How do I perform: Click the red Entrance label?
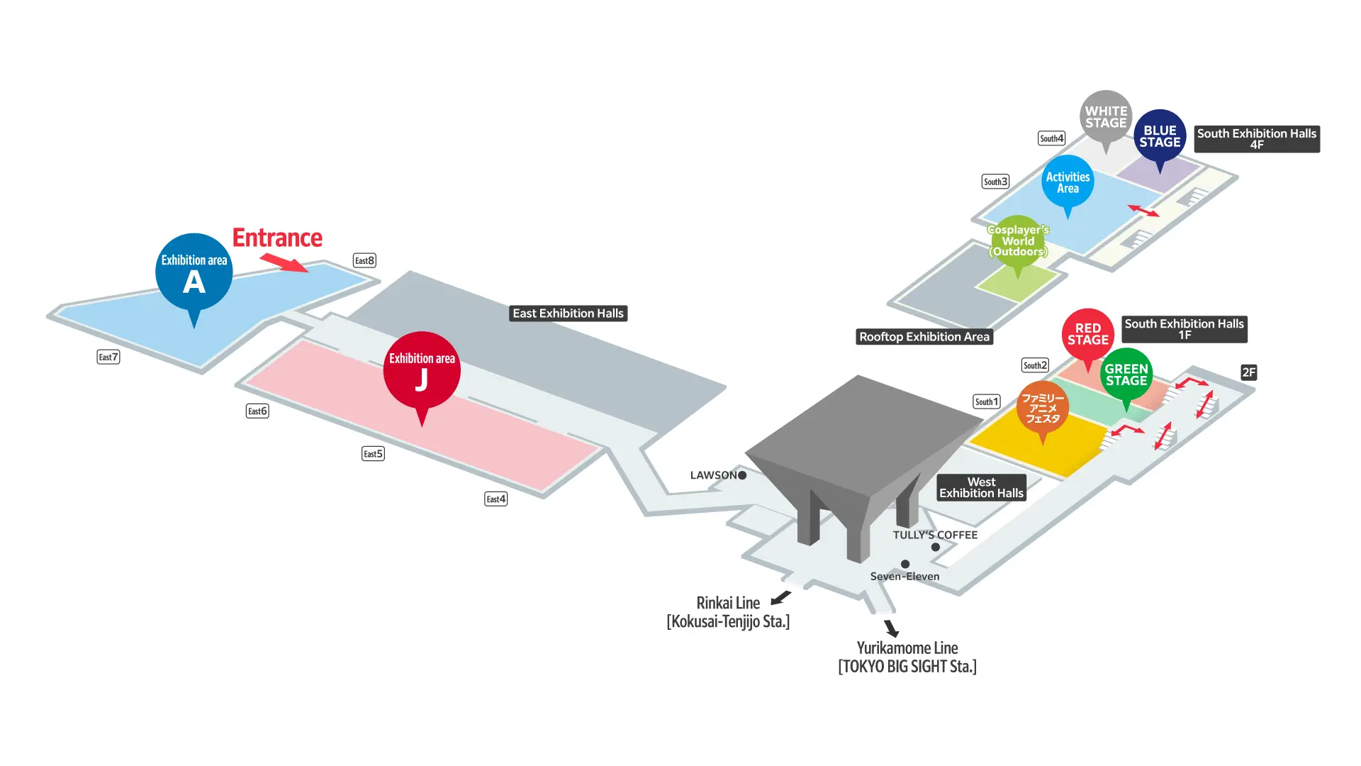pyautogui.click(x=277, y=238)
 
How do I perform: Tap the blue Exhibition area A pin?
pyautogui.click(x=194, y=272)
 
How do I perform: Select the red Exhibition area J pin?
pyautogui.click(x=422, y=370)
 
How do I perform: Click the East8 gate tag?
pyautogui.click(x=364, y=260)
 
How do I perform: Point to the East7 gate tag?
pyautogui.click(x=108, y=357)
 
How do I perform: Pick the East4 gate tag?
pyautogui.click(x=495, y=499)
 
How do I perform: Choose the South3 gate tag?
pyautogui.click(x=995, y=182)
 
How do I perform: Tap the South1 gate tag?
pyautogui.click(x=986, y=401)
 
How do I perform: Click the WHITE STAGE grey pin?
pyautogui.click(x=1106, y=117)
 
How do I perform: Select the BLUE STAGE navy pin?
pyautogui.click(x=1160, y=136)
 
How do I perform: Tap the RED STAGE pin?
pyautogui.click(x=1087, y=334)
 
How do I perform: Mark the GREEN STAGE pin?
pyautogui.click(x=1126, y=374)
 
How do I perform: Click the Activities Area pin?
pyautogui.click(x=1068, y=182)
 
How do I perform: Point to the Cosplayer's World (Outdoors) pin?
pyautogui.click(x=1018, y=241)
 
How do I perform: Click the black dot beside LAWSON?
pyautogui.click(x=742, y=475)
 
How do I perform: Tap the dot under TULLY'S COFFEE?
pyautogui.click(x=936, y=547)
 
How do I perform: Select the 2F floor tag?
pyautogui.click(x=1248, y=372)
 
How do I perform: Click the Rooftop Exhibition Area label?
pyautogui.click(x=924, y=337)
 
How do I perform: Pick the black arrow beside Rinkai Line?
pyautogui.click(x=780, y=598)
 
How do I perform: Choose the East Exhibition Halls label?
pyautogui.click(x=568, y=313)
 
